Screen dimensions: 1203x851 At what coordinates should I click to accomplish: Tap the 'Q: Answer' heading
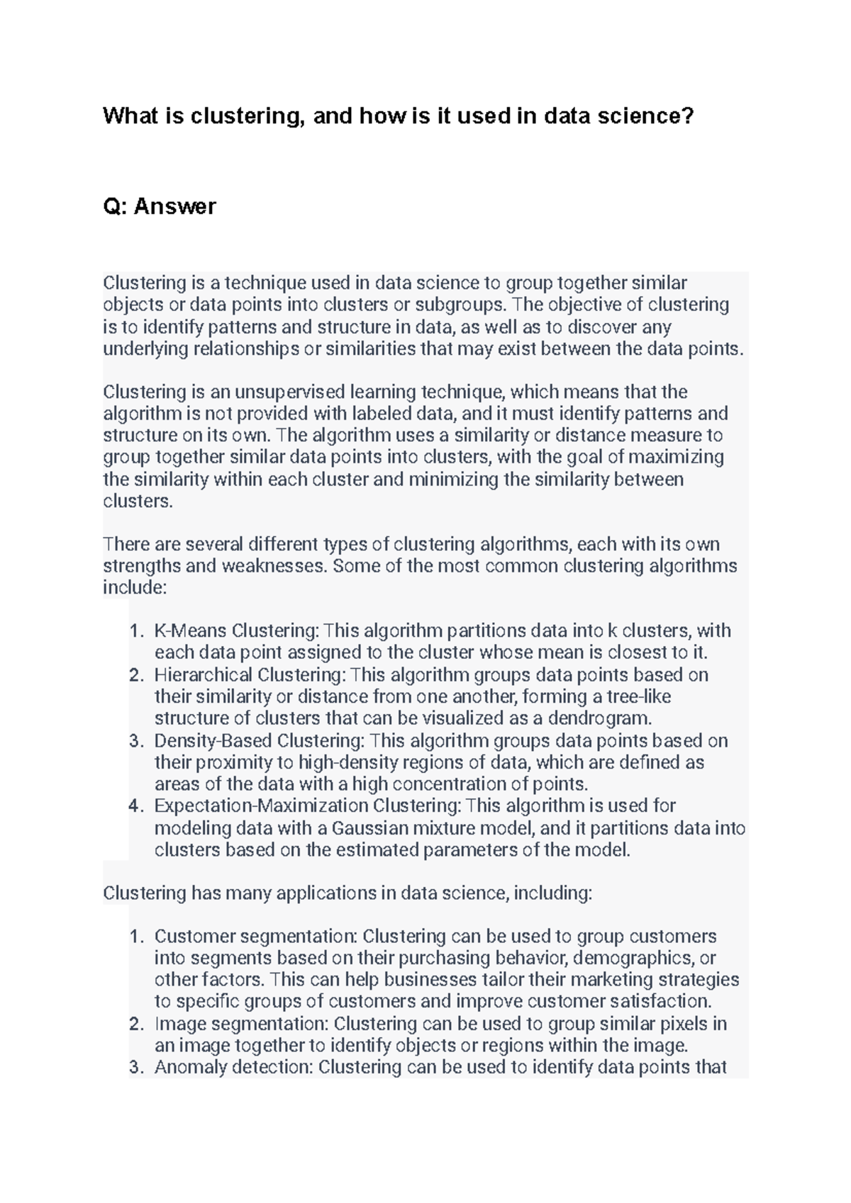pyautogui.click(x=160, y=206)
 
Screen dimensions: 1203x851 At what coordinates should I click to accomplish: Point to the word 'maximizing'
pyautogui.click(x=676, y=457)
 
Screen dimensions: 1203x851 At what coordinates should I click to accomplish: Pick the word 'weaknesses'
pyautogui.click(x=273, y=566)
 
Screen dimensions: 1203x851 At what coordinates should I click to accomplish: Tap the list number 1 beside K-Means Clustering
pyautogui.click(x=136, y=631)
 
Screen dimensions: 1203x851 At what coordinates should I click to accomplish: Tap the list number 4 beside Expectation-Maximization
pyautogui.click(x=136, y=806)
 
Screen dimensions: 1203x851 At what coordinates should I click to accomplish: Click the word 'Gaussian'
pyautogui.click(x=370, y=828)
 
